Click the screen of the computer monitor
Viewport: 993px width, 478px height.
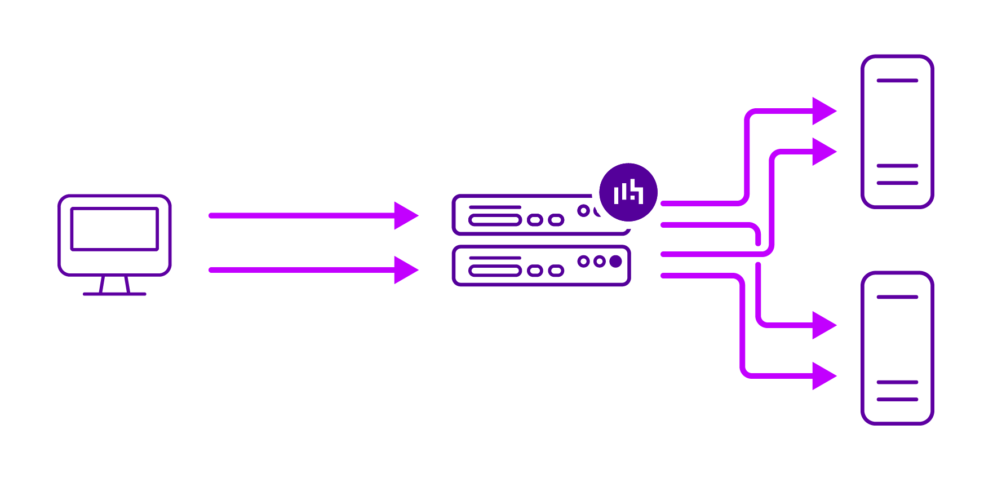pyautogui.click(x=114, y=229)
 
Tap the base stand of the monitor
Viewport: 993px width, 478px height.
pyautogui.click(x=114, y=294)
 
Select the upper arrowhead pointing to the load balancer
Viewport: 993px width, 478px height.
pyautogui.click(x=406, y=215)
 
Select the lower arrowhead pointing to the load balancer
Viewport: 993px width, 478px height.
pyautogui.click(x=406, y=270)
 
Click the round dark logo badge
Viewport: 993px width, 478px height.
pyautogui.click(x=628, y=192)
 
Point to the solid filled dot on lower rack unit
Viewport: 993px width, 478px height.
pyautogui.click(x=615, y=261)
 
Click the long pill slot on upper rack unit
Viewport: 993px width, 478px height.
pyautogui.click(x=495, y=220)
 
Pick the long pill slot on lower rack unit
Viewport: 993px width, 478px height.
pyautogui.click(x=495, y=271)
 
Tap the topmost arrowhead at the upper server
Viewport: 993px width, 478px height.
pyautogui.click(x=823, y=111)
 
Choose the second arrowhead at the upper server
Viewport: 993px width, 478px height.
pyautogui.click(x=823, y=152)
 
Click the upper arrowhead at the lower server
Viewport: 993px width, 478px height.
pyautogui.click(x=823, y=325)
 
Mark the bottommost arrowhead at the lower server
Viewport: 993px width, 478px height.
pyautogui.click(x=823, y=375)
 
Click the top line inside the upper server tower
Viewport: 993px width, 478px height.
pyautogui.click(x=897, y=81)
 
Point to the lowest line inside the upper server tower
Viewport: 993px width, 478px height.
pyautogui.click(x=897, y=183)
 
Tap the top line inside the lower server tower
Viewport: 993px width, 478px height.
pyautogui.click(x=897, y=297)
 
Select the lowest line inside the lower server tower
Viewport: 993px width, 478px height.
pyautogui.click(x=897, y=399)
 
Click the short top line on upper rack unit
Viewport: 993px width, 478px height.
pyautogui.click(x=495, y=207)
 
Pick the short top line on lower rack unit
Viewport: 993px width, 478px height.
pyautogui.click(x=495, y=258)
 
